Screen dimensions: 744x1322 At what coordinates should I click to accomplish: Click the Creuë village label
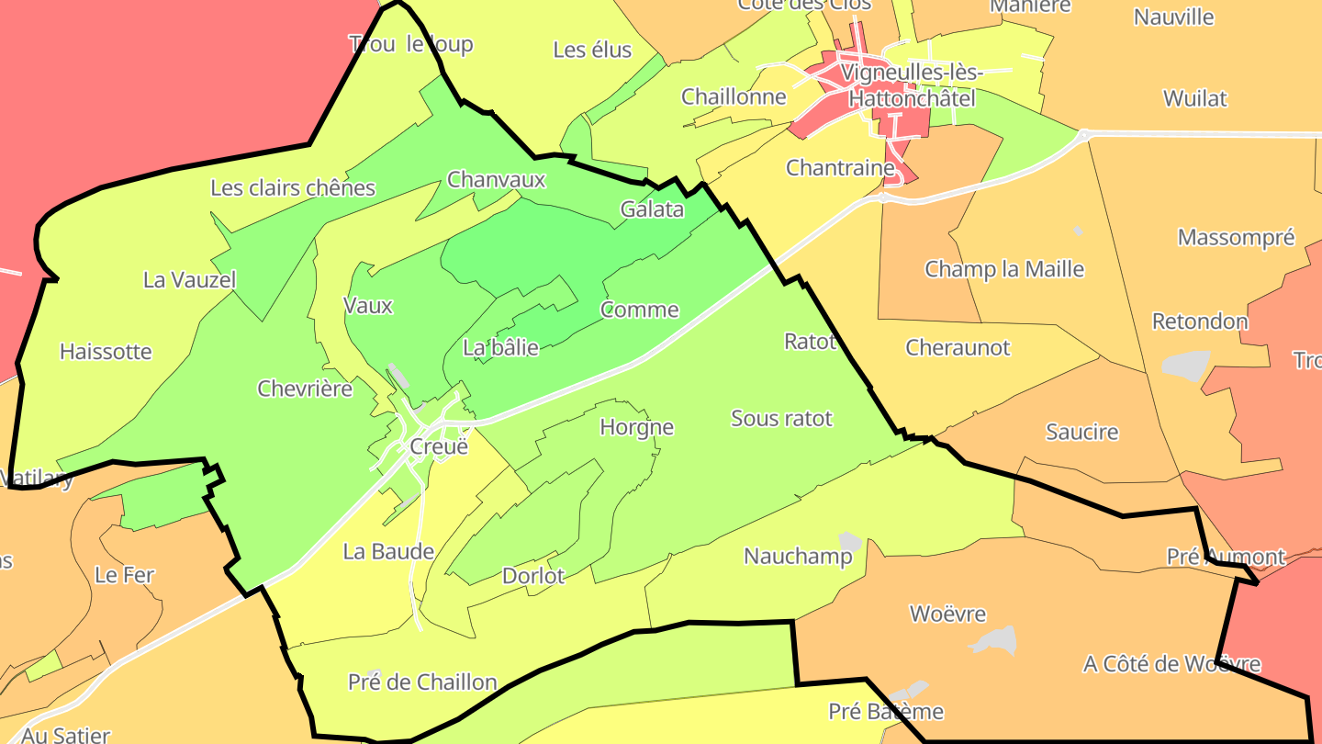438,447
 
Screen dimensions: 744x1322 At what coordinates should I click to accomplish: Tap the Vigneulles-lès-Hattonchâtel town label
912,85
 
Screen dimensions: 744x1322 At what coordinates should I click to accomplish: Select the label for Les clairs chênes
293,188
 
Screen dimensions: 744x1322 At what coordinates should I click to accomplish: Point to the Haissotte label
106,352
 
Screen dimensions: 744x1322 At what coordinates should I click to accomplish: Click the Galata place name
652,209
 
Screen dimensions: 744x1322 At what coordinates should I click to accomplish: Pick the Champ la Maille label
1004,269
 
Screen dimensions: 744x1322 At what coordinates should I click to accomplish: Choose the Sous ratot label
781,419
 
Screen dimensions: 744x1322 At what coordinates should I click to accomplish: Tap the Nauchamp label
785,557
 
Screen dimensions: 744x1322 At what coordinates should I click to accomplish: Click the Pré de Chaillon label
422,682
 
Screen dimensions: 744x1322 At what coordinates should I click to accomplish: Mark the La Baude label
387,552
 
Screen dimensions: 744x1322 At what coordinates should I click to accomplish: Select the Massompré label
1236,238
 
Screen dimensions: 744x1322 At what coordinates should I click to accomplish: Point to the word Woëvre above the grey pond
947,614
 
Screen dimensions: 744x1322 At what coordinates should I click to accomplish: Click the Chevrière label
305,389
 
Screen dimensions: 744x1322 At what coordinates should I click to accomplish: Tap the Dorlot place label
533,576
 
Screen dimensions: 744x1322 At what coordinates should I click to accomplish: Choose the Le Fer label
125,576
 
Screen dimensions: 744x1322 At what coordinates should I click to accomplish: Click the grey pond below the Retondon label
1187,365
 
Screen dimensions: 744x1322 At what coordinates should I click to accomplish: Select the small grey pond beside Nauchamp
850,542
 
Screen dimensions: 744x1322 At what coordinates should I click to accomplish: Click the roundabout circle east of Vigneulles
1084,135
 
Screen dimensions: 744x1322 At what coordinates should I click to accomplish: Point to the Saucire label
1082,432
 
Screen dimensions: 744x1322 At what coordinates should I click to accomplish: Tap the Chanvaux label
496,179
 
